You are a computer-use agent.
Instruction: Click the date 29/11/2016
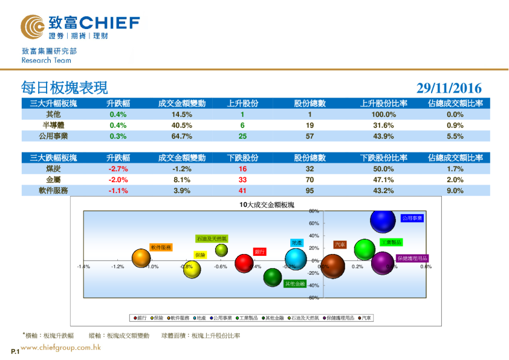pyautogui.click(x=449, y=88)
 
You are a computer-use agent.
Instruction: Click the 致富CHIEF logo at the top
pyautogui.click(x=80, y=26)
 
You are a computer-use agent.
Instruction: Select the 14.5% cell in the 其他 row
pyautogui.click(x=182, y=114)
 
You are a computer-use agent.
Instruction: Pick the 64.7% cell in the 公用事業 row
pyautogui.click(x=182, y=136)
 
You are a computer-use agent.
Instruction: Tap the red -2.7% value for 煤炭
pyautogui.click(x=118, y=169)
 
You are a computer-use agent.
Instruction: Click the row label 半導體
pyautogui.click(x=53, y=125)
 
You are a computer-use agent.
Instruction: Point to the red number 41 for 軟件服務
pyautogui.click(x=242, y=191)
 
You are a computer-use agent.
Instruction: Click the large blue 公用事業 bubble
pyautogui.click(x=383, y=221)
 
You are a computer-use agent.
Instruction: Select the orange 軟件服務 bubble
pyautogui.click(x=141, y=258)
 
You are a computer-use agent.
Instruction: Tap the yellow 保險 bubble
pyautogui.click(x=192, y=269)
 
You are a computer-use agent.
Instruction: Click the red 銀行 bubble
pyautogui.click(x=244, y=263)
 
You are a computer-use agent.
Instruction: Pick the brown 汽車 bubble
pyautogui.click(x=332, y=266)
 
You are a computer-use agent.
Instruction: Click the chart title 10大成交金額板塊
pyautogui.click(x=267, y=205)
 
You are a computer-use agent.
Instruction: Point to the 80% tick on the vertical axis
pyautogui.click(x=314, y=211)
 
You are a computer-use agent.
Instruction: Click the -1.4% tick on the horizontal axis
pyautogui.click(x=83, y=266)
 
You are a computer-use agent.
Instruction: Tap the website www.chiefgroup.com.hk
pyautogui.click(x=60, y=347)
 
